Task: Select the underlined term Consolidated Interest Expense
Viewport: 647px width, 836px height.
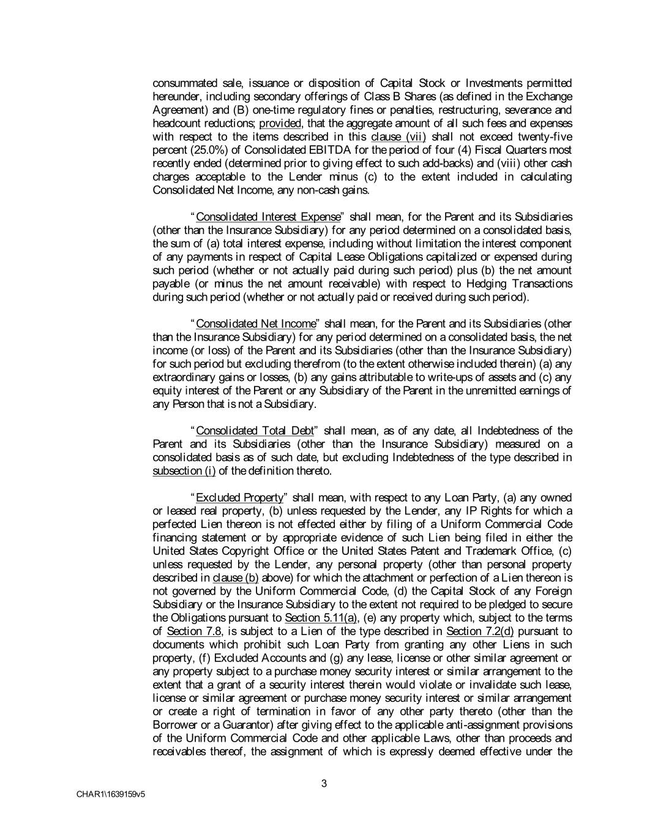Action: click(267, 217)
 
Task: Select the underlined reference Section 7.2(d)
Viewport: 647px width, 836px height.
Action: click(480, 631)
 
